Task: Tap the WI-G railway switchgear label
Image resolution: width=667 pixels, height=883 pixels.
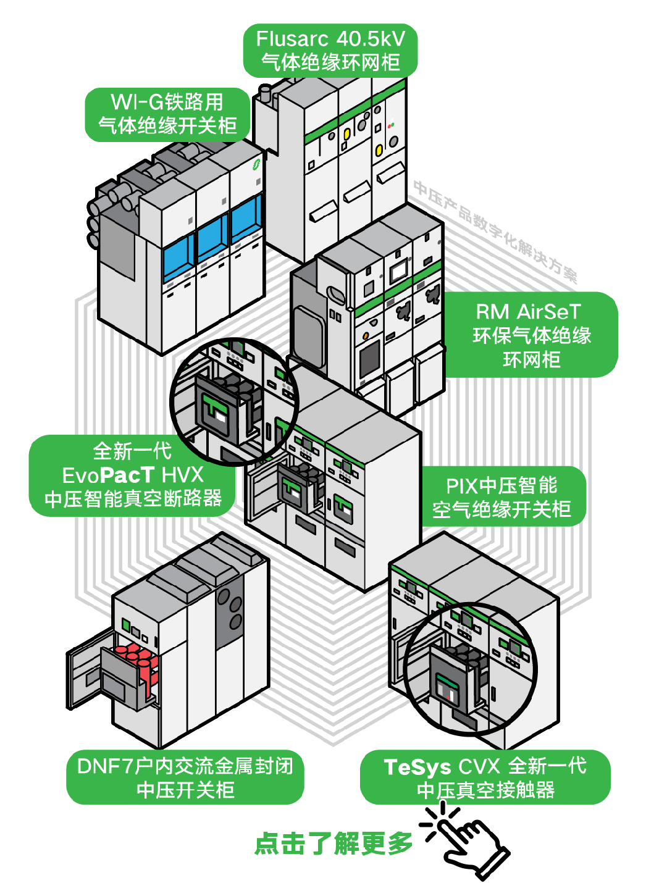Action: [x=167, y=114]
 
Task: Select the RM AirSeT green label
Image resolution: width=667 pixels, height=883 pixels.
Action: [x=531, y=335]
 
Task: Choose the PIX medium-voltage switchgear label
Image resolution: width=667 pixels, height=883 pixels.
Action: [x=501, y=497]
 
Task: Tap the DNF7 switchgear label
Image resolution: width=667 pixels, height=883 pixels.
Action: [x=185, y=777]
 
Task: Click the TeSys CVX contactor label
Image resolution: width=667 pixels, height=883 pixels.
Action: [x=485, y=777]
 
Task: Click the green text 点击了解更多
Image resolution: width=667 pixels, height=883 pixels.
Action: [x=333, y=843]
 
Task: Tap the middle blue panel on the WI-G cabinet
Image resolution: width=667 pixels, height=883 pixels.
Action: [x=212, y=239]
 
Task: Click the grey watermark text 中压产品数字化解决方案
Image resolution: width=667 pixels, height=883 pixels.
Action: [x=494, y=231]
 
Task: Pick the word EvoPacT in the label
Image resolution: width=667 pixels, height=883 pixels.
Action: [x=108, y=475]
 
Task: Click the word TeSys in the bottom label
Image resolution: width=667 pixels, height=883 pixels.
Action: [x=417, y=767]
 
